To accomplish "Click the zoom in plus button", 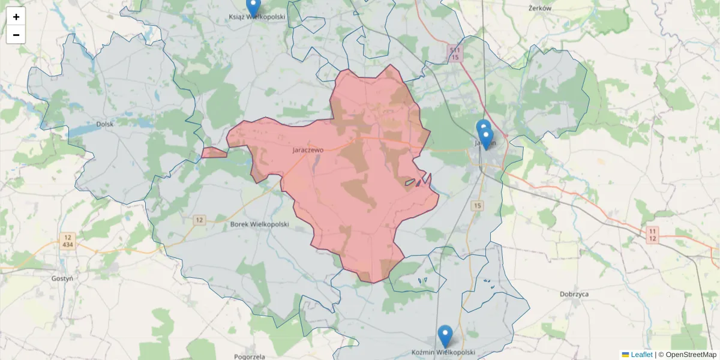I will tap(16, 17).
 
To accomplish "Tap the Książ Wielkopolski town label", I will tap(257, 17).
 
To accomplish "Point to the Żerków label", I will tap(540, 8).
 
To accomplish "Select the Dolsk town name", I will tap(104, 125).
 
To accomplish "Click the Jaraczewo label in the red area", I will tap(308, 150).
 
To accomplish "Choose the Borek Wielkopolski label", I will tap(260, 224).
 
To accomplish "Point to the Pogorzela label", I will tap(251, 356).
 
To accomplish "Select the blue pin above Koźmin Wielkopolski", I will tap(445, 335).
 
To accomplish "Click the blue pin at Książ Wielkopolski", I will tap(253, 7).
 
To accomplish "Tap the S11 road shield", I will tap(455, 50).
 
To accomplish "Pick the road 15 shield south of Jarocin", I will tap(477, 206).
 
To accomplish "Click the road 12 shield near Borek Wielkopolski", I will tap(199, 220).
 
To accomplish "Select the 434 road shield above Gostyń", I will tap(67, 245).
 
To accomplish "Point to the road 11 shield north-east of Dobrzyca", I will tap(653, 230).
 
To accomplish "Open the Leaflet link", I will tap(641, 355).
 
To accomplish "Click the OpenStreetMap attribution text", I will tap(691, 355).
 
